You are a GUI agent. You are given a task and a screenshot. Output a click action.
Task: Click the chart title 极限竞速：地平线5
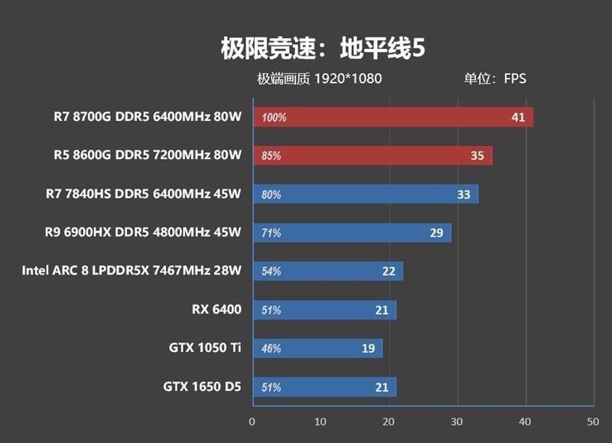coord(322,48)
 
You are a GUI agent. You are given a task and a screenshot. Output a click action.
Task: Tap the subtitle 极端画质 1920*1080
coord(319,79)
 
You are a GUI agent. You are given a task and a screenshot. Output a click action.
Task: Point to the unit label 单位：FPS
coord(494,79)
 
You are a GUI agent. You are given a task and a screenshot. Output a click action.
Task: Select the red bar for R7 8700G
coord(392,117)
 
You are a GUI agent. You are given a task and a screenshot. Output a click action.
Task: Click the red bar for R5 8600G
coord(372,155)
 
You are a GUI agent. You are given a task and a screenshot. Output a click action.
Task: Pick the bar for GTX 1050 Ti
coord(317,348)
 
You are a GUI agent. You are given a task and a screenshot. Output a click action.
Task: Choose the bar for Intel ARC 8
coord(327,271)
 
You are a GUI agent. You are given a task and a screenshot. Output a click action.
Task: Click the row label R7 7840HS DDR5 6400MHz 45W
coord(143,194)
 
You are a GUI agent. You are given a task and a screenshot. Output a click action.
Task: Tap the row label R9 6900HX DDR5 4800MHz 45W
coord(143,232)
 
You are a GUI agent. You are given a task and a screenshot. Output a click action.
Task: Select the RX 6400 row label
coord(216,309)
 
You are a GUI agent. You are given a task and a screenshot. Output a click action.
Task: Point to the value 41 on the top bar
coord(518,117)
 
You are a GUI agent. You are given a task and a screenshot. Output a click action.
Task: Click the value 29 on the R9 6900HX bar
coord(436,233)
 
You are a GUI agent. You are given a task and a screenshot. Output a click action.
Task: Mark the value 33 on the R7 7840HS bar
coord(464,194)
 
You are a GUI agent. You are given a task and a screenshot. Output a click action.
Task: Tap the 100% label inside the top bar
coord(273,118)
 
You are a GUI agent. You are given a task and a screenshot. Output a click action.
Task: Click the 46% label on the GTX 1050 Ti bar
coord(271,348)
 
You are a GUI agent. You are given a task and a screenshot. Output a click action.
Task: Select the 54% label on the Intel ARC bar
coord(271,271)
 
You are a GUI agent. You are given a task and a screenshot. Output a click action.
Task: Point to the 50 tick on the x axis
coord(592,422)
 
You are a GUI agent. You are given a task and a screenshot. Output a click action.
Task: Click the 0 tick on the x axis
coord(252,422)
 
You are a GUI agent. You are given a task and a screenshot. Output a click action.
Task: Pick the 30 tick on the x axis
coord(456,422)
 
